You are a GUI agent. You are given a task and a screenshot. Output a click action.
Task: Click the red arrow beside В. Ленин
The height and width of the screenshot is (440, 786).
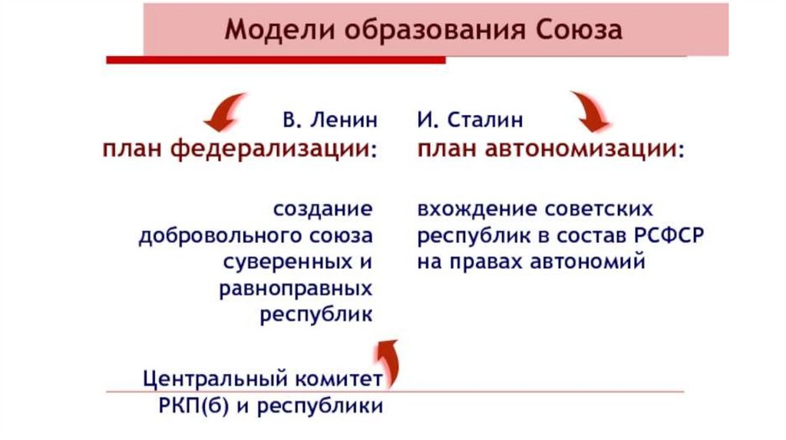[224, 112]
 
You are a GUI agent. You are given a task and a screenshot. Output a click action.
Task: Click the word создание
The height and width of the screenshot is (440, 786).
[322, 209]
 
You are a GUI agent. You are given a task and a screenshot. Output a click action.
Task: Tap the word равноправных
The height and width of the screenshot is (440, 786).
[296, 288]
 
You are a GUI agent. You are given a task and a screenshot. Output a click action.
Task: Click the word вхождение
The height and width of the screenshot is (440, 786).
[475, 209]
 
